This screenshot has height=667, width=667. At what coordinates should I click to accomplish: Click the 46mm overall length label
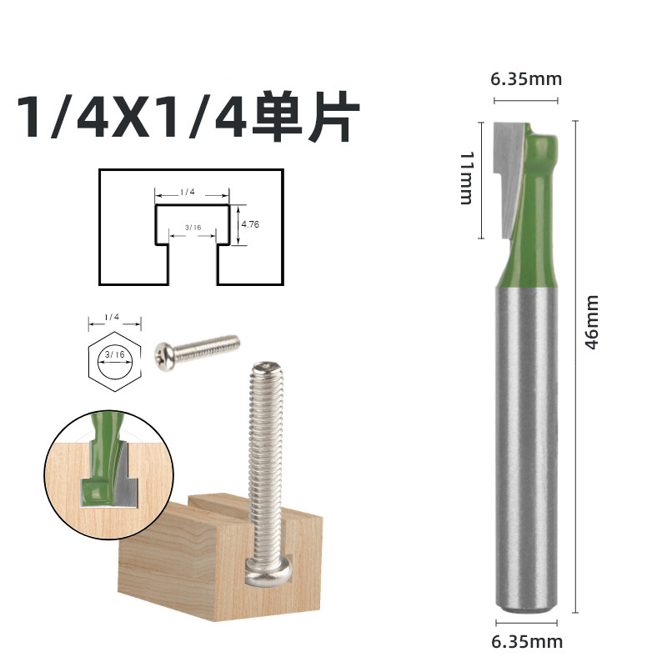592,321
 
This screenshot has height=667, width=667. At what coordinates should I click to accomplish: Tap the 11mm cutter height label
466,178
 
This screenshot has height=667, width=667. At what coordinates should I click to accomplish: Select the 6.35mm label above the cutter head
526,80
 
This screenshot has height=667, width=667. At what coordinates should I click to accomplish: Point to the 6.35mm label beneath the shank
527,641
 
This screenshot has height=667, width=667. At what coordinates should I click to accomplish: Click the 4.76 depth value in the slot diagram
250,224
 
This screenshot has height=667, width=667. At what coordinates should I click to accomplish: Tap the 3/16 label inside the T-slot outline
193,227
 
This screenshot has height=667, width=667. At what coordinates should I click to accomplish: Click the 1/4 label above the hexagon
113,318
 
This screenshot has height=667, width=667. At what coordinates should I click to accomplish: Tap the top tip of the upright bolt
265,368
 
